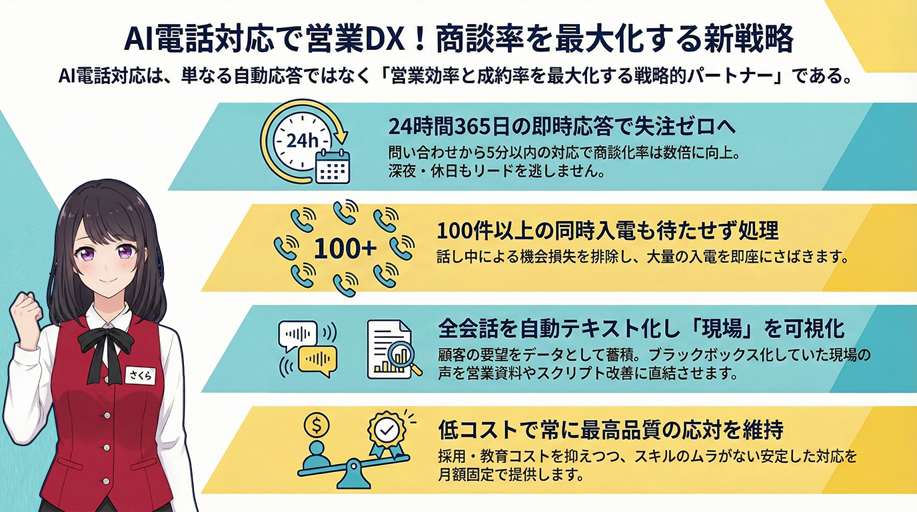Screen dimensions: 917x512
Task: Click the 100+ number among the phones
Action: pos(345,249)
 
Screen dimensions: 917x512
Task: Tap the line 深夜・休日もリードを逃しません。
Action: pos(496,171)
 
